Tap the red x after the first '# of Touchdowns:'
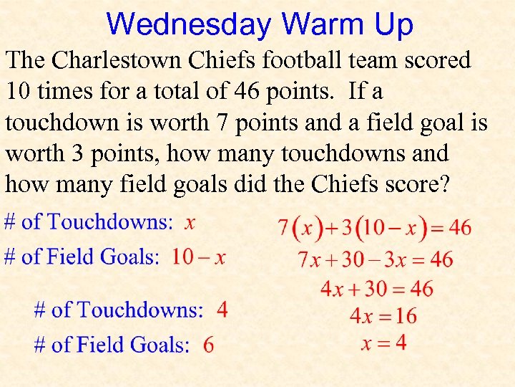190,222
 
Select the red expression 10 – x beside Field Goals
198,257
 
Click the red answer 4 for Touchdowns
222,310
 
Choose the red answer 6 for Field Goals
208,345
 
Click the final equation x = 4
383,343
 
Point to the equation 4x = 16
383,315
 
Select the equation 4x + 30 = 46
376,288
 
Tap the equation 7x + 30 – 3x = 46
376,259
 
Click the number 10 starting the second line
19,91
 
